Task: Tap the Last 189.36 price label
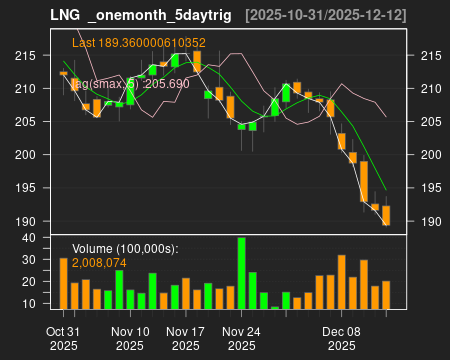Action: (139, 43)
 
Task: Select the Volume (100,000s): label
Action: (124, 248)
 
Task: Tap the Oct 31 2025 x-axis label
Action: (63, 338)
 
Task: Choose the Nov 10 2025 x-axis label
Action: (130, 338)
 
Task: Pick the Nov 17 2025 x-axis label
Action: (186, 338)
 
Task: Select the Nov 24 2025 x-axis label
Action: (241, 338)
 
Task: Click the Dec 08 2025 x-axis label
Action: (342, 338)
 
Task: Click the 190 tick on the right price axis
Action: (429, 222)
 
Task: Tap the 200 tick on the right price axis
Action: (429, 155)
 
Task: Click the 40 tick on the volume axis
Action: (30, 238)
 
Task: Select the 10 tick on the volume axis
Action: (30, 303)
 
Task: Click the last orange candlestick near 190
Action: (386, 215)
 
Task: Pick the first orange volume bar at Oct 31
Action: (63, 283)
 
